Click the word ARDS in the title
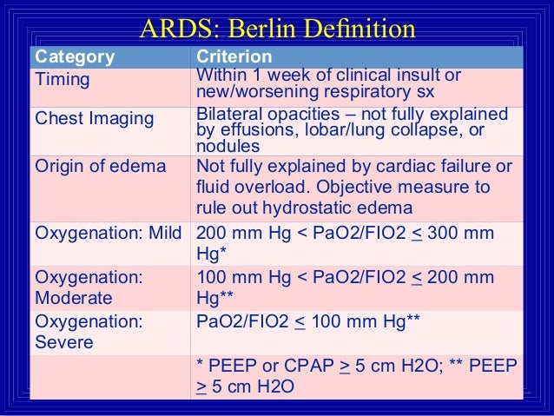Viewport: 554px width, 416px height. coord(173,29)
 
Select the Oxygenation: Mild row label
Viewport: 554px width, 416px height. coord(107,234)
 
